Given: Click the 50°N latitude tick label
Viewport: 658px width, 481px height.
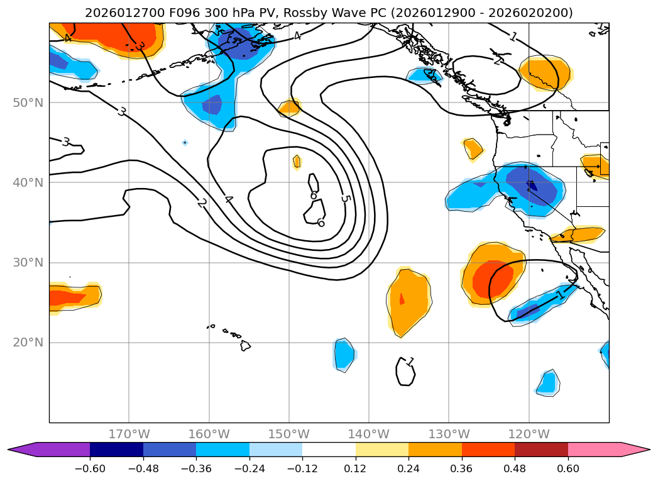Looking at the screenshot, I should pos(28,102).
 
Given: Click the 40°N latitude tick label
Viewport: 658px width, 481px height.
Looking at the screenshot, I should pos(28,182).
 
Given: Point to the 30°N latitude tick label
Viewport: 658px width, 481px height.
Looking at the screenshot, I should pos(28,262).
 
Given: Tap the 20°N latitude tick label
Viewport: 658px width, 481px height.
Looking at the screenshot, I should pos(28,343).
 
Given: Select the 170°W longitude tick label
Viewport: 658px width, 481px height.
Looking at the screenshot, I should pos(129,434).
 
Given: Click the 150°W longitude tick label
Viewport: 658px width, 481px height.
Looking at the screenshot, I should pos(289,434).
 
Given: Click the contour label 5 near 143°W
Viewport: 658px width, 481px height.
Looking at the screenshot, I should pos(345,198).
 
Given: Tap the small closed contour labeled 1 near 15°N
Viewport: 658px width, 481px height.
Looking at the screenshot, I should pos(406,372).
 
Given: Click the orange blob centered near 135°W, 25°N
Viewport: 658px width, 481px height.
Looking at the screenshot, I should pos(409,301).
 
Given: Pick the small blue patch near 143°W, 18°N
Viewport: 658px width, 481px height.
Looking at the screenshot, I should pos(343,355).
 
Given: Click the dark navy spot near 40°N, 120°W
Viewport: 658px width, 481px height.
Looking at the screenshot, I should pos(532,185).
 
